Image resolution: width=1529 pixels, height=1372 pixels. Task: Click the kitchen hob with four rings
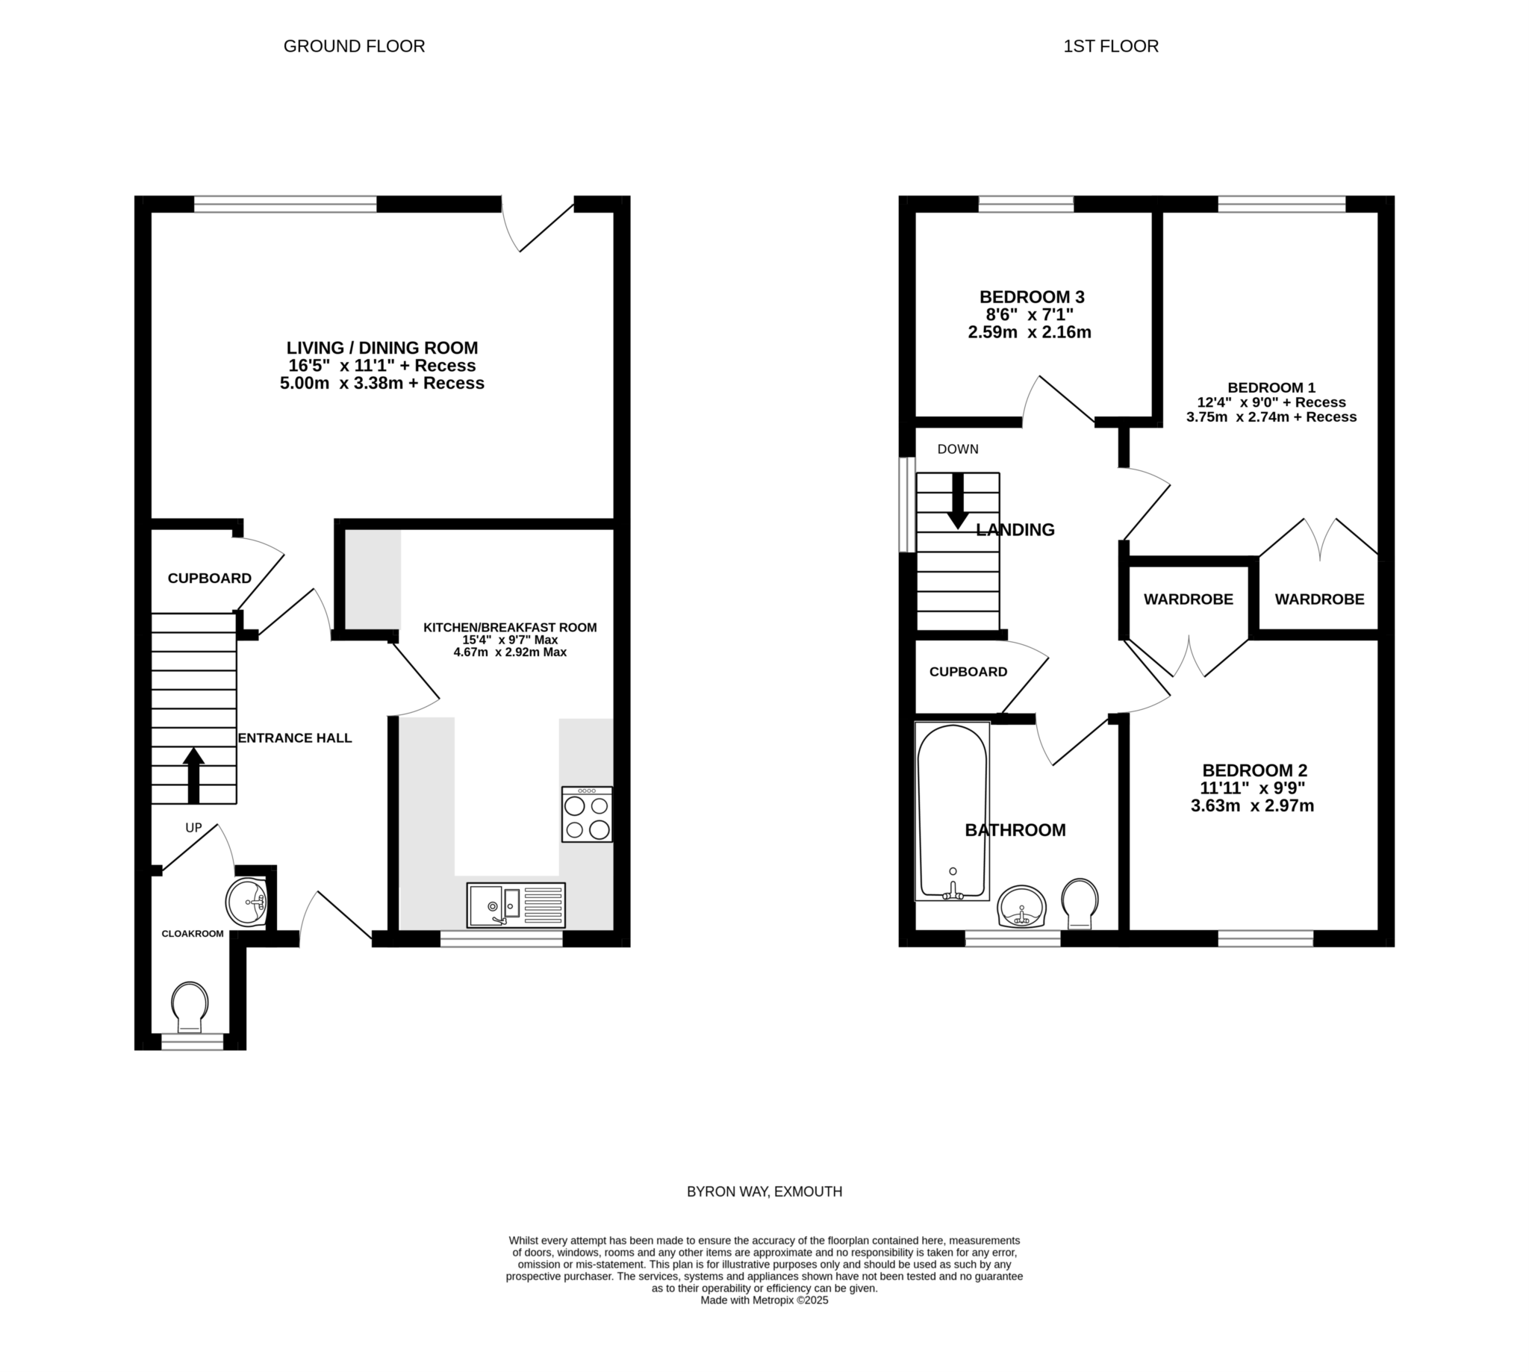coord(587,814)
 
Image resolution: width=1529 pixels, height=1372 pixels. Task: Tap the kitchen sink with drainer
coord(516,905)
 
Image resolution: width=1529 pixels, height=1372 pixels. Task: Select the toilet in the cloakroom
coord(189,1008)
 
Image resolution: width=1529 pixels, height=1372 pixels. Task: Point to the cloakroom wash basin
coord(246,902)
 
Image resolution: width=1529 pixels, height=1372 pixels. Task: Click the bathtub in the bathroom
coord(951,811)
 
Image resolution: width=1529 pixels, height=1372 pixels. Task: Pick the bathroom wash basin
coord(1021,906)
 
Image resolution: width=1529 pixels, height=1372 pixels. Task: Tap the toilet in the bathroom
coord(1080,903)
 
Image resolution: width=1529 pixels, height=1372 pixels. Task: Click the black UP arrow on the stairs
coord(194,775)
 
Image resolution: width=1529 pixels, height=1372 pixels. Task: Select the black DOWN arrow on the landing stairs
coord(958,501)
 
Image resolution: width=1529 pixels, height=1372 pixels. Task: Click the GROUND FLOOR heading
coord(355,46)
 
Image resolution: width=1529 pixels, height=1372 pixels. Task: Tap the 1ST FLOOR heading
coord(1111,46)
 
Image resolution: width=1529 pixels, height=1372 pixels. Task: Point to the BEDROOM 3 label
coord(1031,297)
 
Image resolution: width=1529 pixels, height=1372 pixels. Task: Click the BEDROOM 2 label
coord(1254,770)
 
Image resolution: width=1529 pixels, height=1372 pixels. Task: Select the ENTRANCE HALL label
coord(295,738)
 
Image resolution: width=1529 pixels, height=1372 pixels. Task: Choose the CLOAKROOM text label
coord(193,934)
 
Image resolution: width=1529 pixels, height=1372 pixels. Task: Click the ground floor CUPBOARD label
coord(210,579)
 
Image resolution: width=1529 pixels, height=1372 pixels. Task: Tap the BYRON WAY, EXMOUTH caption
coord(764,1192)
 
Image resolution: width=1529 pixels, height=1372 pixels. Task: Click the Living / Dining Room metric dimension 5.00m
coord(305,383)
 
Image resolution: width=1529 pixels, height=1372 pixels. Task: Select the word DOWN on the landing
coord(958,449)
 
